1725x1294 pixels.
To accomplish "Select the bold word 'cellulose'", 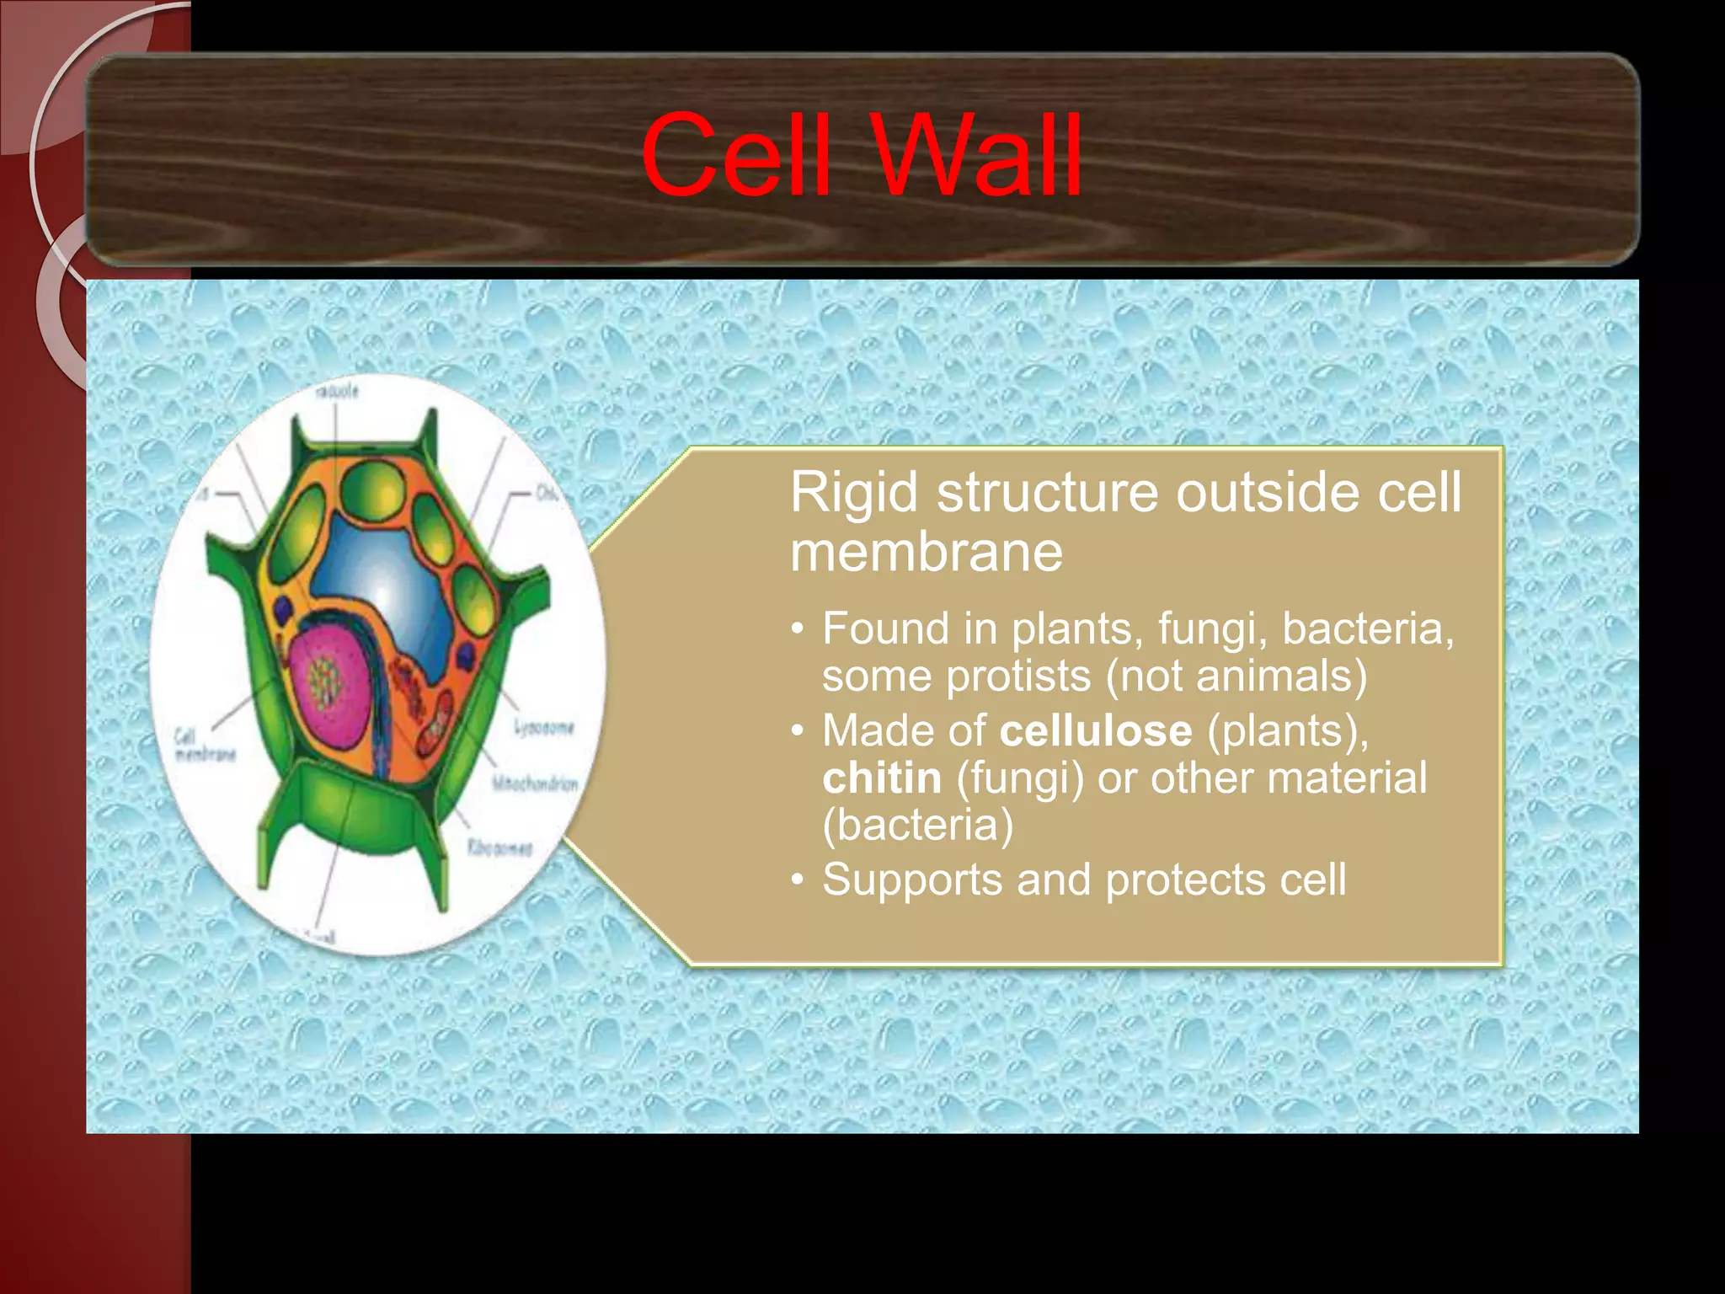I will (x=1096, y=730).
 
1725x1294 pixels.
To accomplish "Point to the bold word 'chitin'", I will (x=882, y=778).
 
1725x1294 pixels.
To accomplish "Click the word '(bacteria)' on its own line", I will (x=918, y=825).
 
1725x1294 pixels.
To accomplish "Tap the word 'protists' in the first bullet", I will (x=1019, y=676).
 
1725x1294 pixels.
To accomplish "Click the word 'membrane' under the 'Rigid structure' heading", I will (x=927, y=553).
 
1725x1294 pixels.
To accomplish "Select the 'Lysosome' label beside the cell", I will (x=544, y=727).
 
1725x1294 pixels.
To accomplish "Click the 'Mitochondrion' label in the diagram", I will (x=536, y=784).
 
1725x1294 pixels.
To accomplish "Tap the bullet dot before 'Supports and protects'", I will (x=798, y=881).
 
